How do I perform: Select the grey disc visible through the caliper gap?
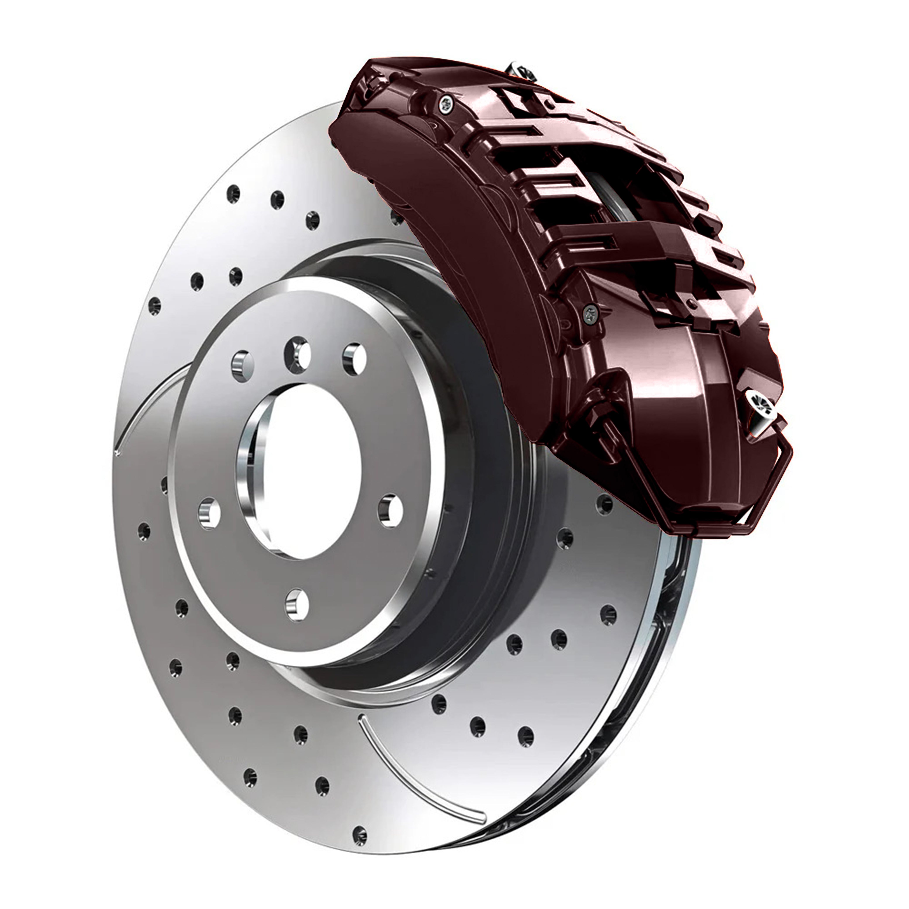612,188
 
